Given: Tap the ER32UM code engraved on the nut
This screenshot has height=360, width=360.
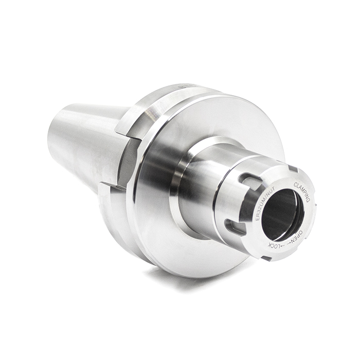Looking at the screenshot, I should point(262,206).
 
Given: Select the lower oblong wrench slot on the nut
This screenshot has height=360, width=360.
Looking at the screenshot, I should point(232,227).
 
